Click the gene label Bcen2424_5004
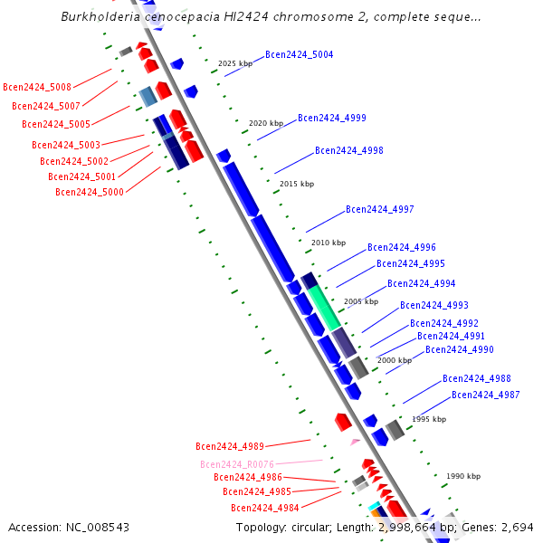click(299, 55)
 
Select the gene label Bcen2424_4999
click(332, 119)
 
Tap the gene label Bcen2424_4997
click(379, 210)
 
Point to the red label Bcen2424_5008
click(37, 88)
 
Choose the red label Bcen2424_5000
click(90, 192)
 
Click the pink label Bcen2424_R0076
click(237, 465)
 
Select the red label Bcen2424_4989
click(230, 446)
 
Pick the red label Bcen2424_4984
click(264, 509)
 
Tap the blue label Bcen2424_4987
click(485, 395)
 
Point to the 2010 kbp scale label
click(329, 243)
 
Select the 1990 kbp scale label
click(463, 477)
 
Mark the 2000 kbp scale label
click(395, 361)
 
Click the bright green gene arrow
click(324, 308)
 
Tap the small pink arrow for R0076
click(355, 443)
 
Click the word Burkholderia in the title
click(98, 17)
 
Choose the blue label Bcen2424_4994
click(421, 284)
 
